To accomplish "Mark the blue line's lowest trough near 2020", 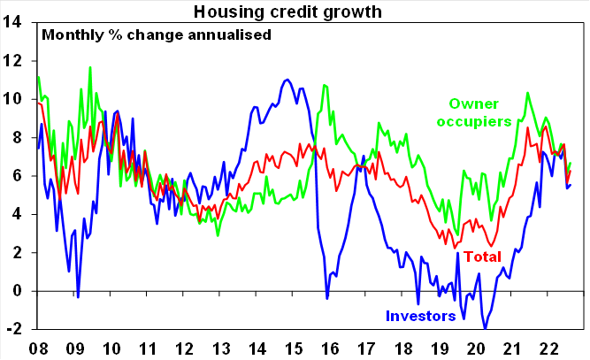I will click(x=485, y=329).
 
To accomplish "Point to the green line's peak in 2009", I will click(x=90, y=67).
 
